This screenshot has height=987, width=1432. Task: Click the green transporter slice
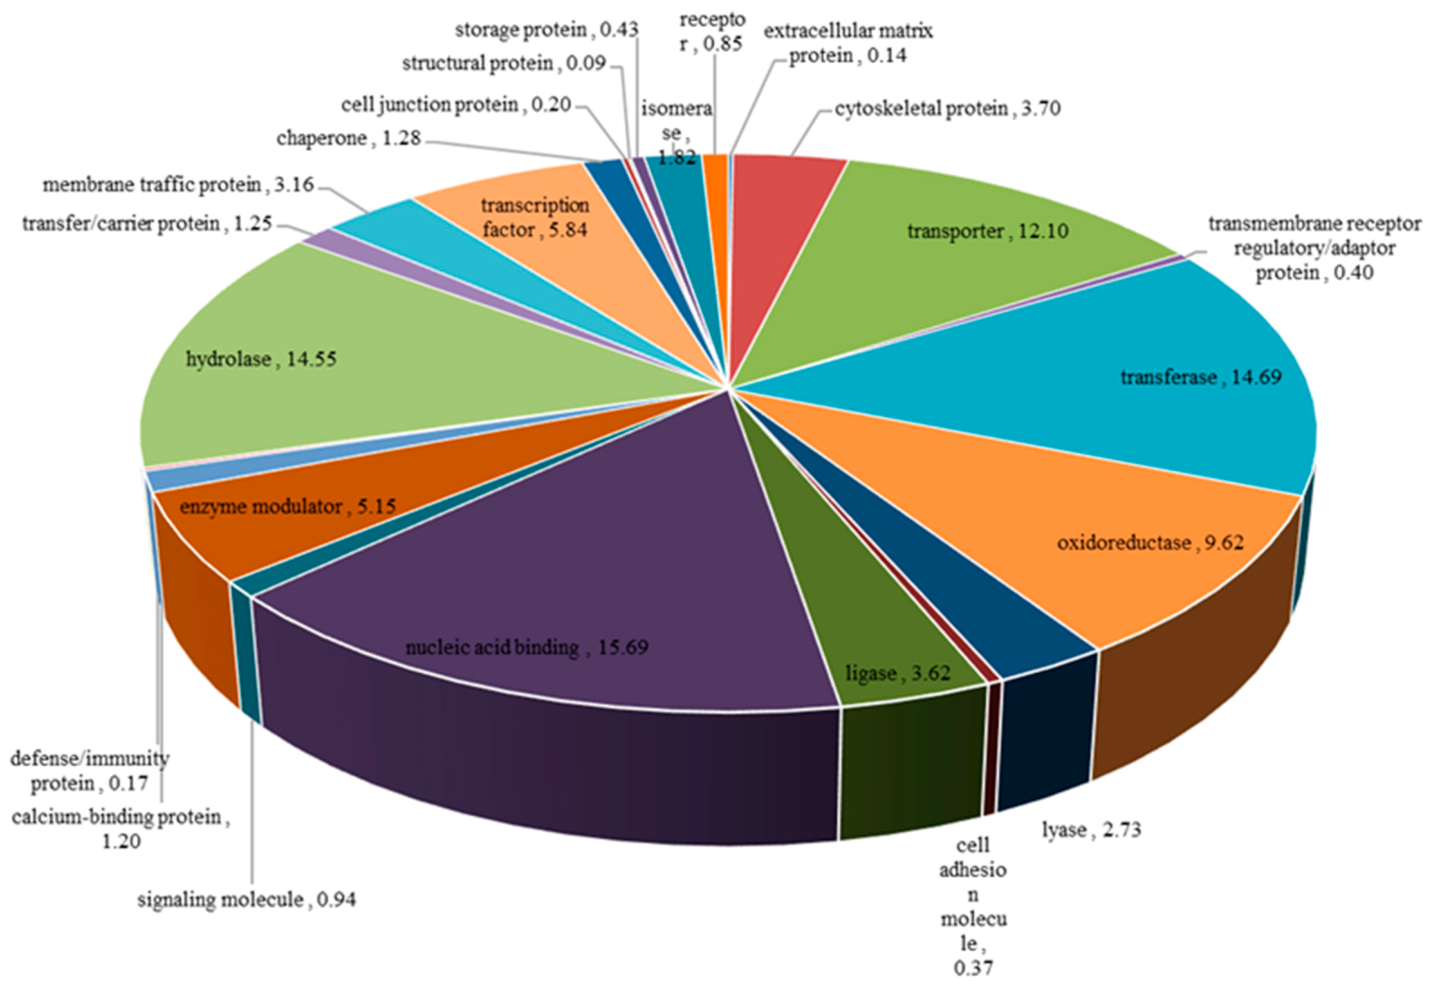[961, 256]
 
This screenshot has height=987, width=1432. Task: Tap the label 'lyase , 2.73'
[1091, 829]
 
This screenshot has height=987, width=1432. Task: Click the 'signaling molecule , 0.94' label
[246, 899]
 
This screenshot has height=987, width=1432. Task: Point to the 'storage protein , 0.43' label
[546, 29]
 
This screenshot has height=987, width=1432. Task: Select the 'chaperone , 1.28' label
[349, 138]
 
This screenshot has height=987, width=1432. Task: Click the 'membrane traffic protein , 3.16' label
[178, 185]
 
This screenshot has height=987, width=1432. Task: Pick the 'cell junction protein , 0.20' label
[456, 104]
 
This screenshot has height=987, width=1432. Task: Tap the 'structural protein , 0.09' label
[504, 63]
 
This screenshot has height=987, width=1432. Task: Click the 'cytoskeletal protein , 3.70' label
[947, 108]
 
